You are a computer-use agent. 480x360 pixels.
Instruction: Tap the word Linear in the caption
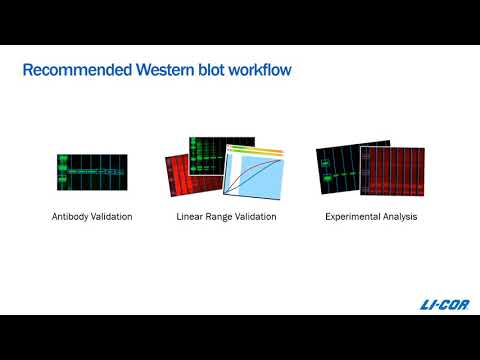[x=192, y=215]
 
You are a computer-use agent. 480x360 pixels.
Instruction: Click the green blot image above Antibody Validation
[x=92, y=172]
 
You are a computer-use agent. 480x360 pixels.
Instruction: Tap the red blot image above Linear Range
[x=184, y=180]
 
